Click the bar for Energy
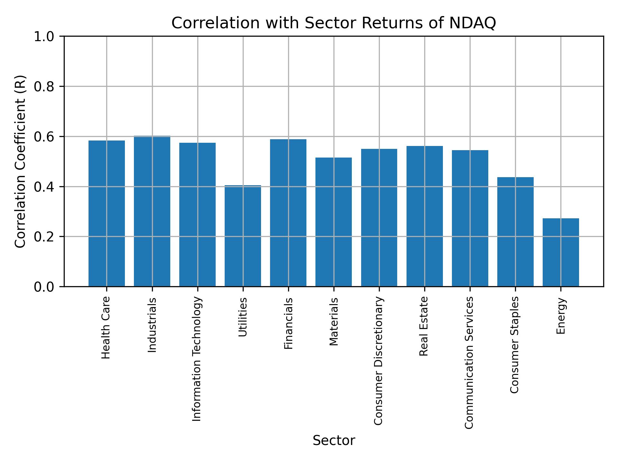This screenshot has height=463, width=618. click(x=561, y=252)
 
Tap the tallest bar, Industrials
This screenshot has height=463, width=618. click(x=152, y=211)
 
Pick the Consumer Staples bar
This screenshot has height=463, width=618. click(x=515, y=232)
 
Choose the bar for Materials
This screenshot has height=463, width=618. click(x=333, y=222)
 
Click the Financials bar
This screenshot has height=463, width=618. click(x=288, y=213)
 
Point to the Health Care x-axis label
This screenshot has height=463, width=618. click(x=106, y=328)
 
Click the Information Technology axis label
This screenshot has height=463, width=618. click(x=197, y=359)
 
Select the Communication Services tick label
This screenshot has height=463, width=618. click(x=469, y=362)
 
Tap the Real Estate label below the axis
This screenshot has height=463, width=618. click(x=424, y=326)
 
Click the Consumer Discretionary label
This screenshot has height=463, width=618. click(x=379, y=361)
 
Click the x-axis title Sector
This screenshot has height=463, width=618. click(x=334, y=440)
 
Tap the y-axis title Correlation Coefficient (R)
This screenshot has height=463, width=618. click(x=20, y=161)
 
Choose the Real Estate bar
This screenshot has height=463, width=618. click(x=424, y=216)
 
